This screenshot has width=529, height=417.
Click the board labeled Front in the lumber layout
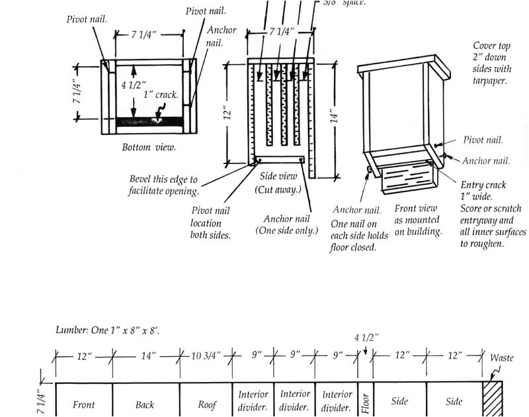point(84,400)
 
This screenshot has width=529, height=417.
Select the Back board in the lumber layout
point(145,400)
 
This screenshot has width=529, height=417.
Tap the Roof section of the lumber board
point(206,400)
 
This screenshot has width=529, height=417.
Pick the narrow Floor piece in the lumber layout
point(366,400)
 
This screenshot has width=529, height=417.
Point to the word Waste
point(501,358)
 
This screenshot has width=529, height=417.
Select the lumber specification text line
point(108,330)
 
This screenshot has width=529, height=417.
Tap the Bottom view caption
point(149,147)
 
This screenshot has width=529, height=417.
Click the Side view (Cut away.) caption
point(278,183)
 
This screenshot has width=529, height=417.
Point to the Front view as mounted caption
point(418,220)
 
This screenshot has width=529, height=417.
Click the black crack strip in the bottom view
point(150,122)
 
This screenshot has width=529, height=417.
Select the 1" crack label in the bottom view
point(161,95)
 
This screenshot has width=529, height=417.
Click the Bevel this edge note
point(163,185)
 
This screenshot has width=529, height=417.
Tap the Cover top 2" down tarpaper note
point(492,64)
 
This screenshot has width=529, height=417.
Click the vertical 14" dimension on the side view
point(335,118)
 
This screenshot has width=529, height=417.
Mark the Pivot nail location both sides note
point(210,223)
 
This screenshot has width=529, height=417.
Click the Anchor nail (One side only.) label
point(287,224)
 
